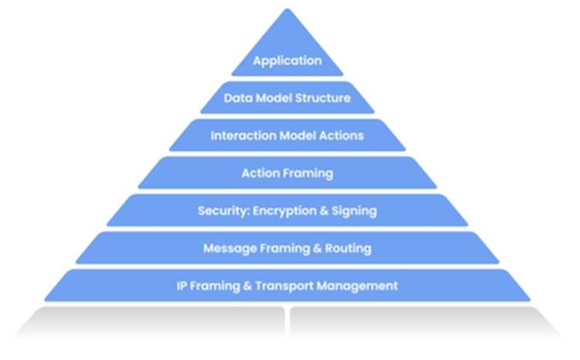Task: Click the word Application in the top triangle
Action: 287,61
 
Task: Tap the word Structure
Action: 323,98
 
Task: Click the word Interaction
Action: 243,135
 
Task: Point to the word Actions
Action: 341,135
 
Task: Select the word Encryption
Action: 284,211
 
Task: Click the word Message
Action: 229,248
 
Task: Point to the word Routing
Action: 348,248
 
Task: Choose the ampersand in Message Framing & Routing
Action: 317,248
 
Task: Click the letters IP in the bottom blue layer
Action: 181,286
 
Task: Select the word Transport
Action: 284,286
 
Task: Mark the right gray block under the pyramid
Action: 426,321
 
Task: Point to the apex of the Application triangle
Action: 287,8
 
